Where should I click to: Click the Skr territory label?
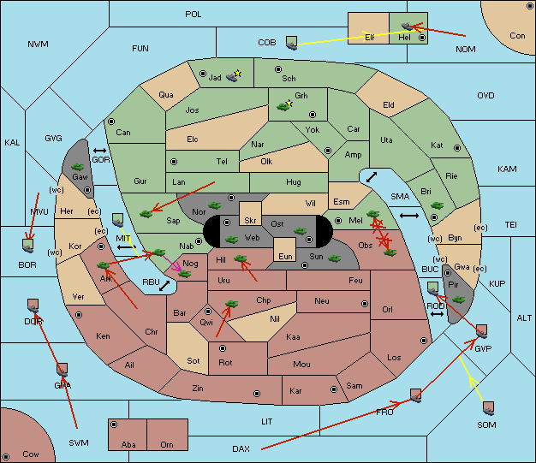(x=250, y=221)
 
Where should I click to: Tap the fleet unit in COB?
(x=292, y=43)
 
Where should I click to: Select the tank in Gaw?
(x=78, y=167)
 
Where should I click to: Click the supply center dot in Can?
(x=111, y=122)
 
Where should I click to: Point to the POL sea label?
(x=194, y=15)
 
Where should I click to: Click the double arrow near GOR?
(x=99, y=151)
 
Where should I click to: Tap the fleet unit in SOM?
(x=489, y=408)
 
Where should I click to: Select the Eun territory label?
(x=285, y=256)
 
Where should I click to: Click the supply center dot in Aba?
(x=114, y=424)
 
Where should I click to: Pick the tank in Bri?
(x=437, y=205)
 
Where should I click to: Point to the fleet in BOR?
(x=27, y=246)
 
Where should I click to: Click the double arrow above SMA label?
(x=372, y=177)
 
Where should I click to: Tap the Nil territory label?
(x=275, y=319)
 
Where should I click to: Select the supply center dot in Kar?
(x=334, y=389)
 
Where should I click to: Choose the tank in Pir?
(x=458, y=300)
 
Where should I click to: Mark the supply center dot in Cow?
(x=6, y=456)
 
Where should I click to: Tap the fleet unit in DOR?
(x=33, y=306)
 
